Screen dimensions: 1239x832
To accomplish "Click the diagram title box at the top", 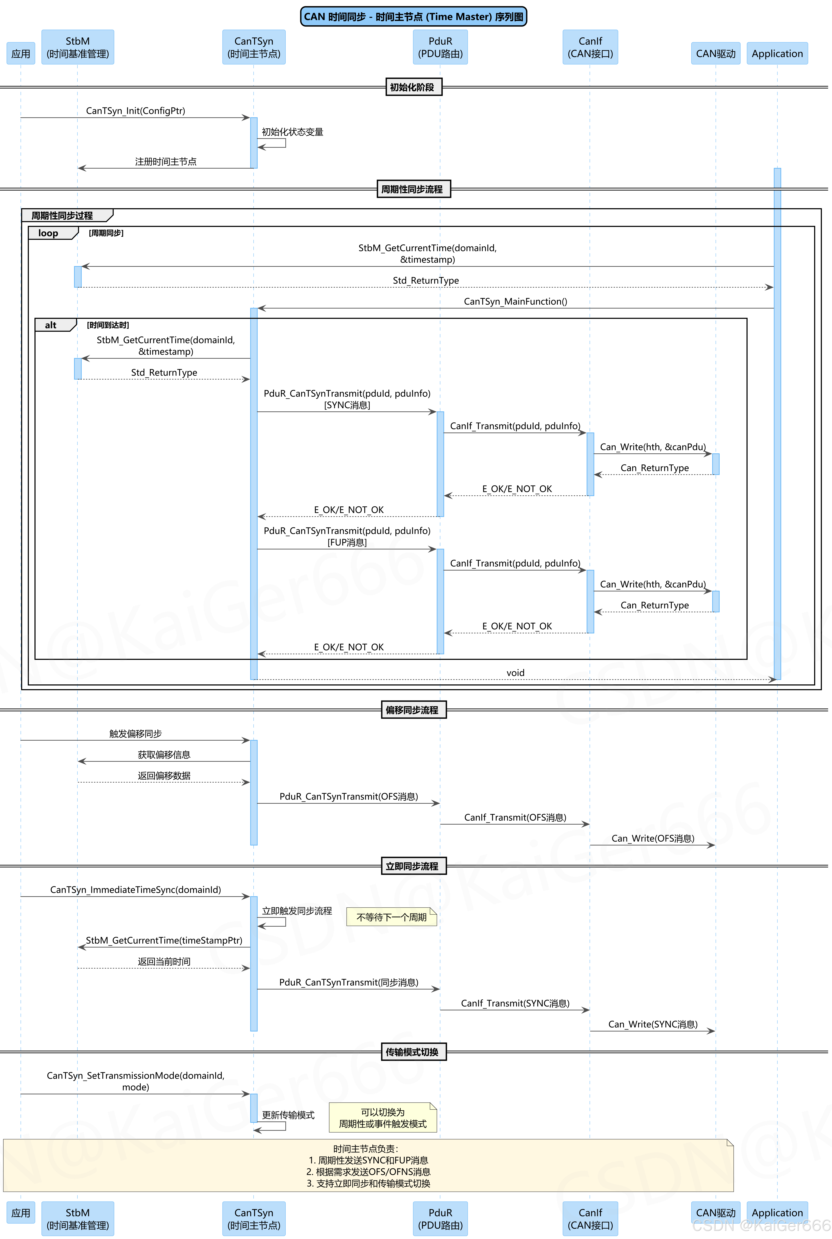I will pyautogui.click(x=413, y=16).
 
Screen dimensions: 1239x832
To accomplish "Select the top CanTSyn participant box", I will pyautogui.click(x=254, y=47).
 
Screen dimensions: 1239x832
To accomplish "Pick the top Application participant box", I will pyautogui.click(x=777, y=54).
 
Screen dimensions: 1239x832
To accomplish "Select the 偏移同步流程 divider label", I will pyautogui.click(x=413, y=710).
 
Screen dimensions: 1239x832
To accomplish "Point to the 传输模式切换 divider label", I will pyautogui.click(x=413, y=1052).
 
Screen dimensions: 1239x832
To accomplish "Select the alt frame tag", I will pyautogui.click(x=51, y=325).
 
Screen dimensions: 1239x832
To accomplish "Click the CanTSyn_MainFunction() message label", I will pyautogui.click(x=515, y=301).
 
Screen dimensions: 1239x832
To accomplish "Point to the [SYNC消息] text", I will pyautogui.click(x=347, y=405).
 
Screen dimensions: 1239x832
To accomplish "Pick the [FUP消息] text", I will pyautogui.click(x=347, y=543).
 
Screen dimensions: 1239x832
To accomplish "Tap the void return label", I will pyautogui.click(x=515, y=673).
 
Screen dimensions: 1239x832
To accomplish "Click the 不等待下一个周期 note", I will pyautogui.click(x=392, y=917).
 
